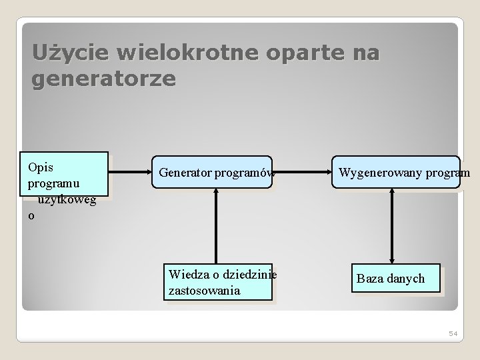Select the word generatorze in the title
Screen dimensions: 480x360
(103, 79)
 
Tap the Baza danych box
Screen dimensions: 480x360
(391, 278)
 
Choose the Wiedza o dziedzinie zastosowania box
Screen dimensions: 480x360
(219, 283)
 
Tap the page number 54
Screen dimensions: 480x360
(452, 333)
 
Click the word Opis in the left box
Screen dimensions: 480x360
(41, 166)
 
